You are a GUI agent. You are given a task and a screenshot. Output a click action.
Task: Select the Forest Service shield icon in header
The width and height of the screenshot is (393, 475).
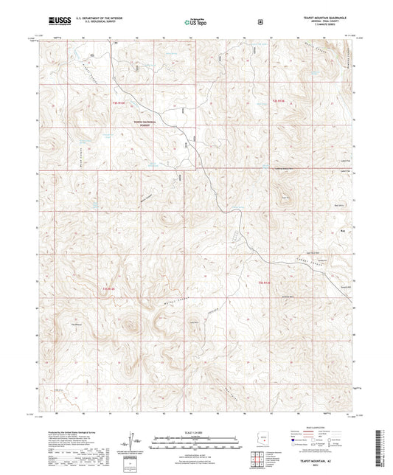tap(260, 21)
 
